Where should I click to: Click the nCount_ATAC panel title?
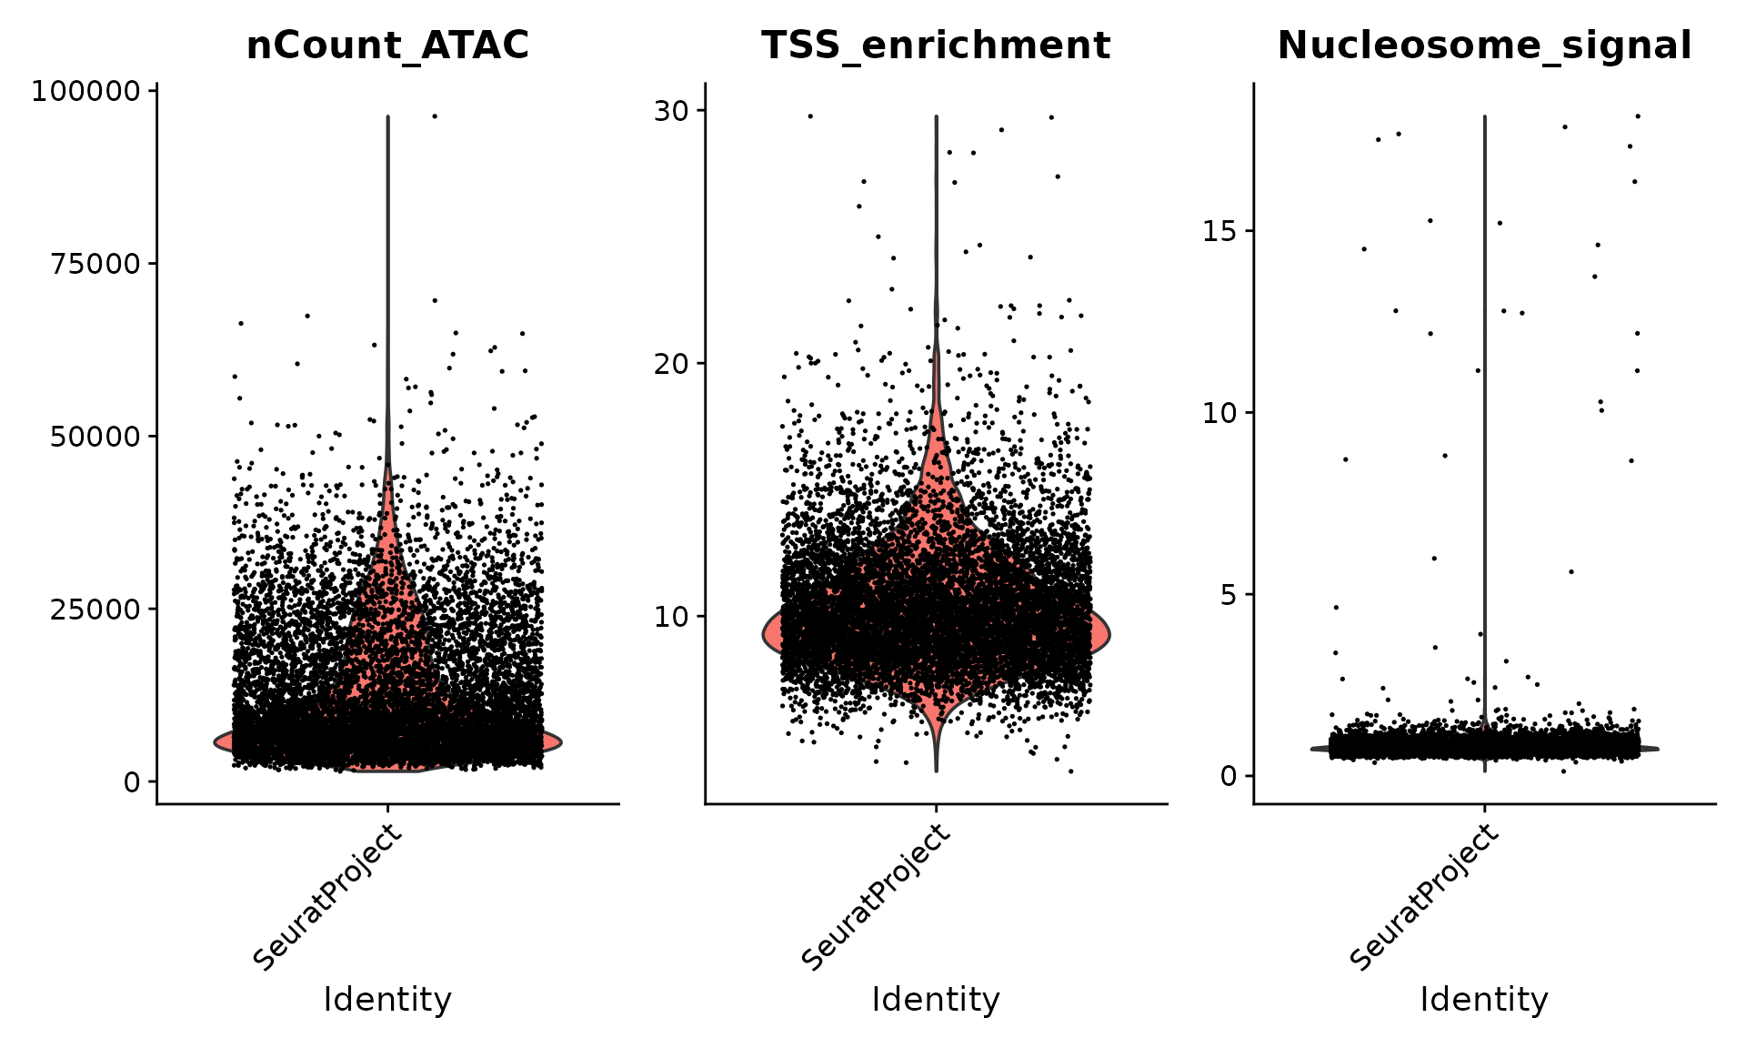coord(387,45)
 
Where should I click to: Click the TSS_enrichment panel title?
coord(936,45)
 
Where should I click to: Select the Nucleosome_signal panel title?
coord(1484,45)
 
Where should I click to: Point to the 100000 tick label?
coord(86,91)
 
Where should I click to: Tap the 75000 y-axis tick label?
coord(95,264)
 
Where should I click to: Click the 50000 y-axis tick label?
coord(95,437)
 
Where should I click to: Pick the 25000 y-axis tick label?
coord(95,609)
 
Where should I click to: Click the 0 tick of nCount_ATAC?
coord(133,781)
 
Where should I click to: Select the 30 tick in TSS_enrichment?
coord(672,111)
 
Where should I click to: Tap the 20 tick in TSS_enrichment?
coord(672,364)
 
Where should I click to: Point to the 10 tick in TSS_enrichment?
coord(672,617)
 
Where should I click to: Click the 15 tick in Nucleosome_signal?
coord(1220,231)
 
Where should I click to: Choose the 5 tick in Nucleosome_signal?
coord(1229,595)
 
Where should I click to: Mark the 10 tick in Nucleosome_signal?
coord(1220,413)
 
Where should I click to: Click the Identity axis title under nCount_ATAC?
coord(387,1000)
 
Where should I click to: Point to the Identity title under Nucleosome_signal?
coord(1484,1000)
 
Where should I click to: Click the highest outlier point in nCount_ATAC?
coord(435,116)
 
